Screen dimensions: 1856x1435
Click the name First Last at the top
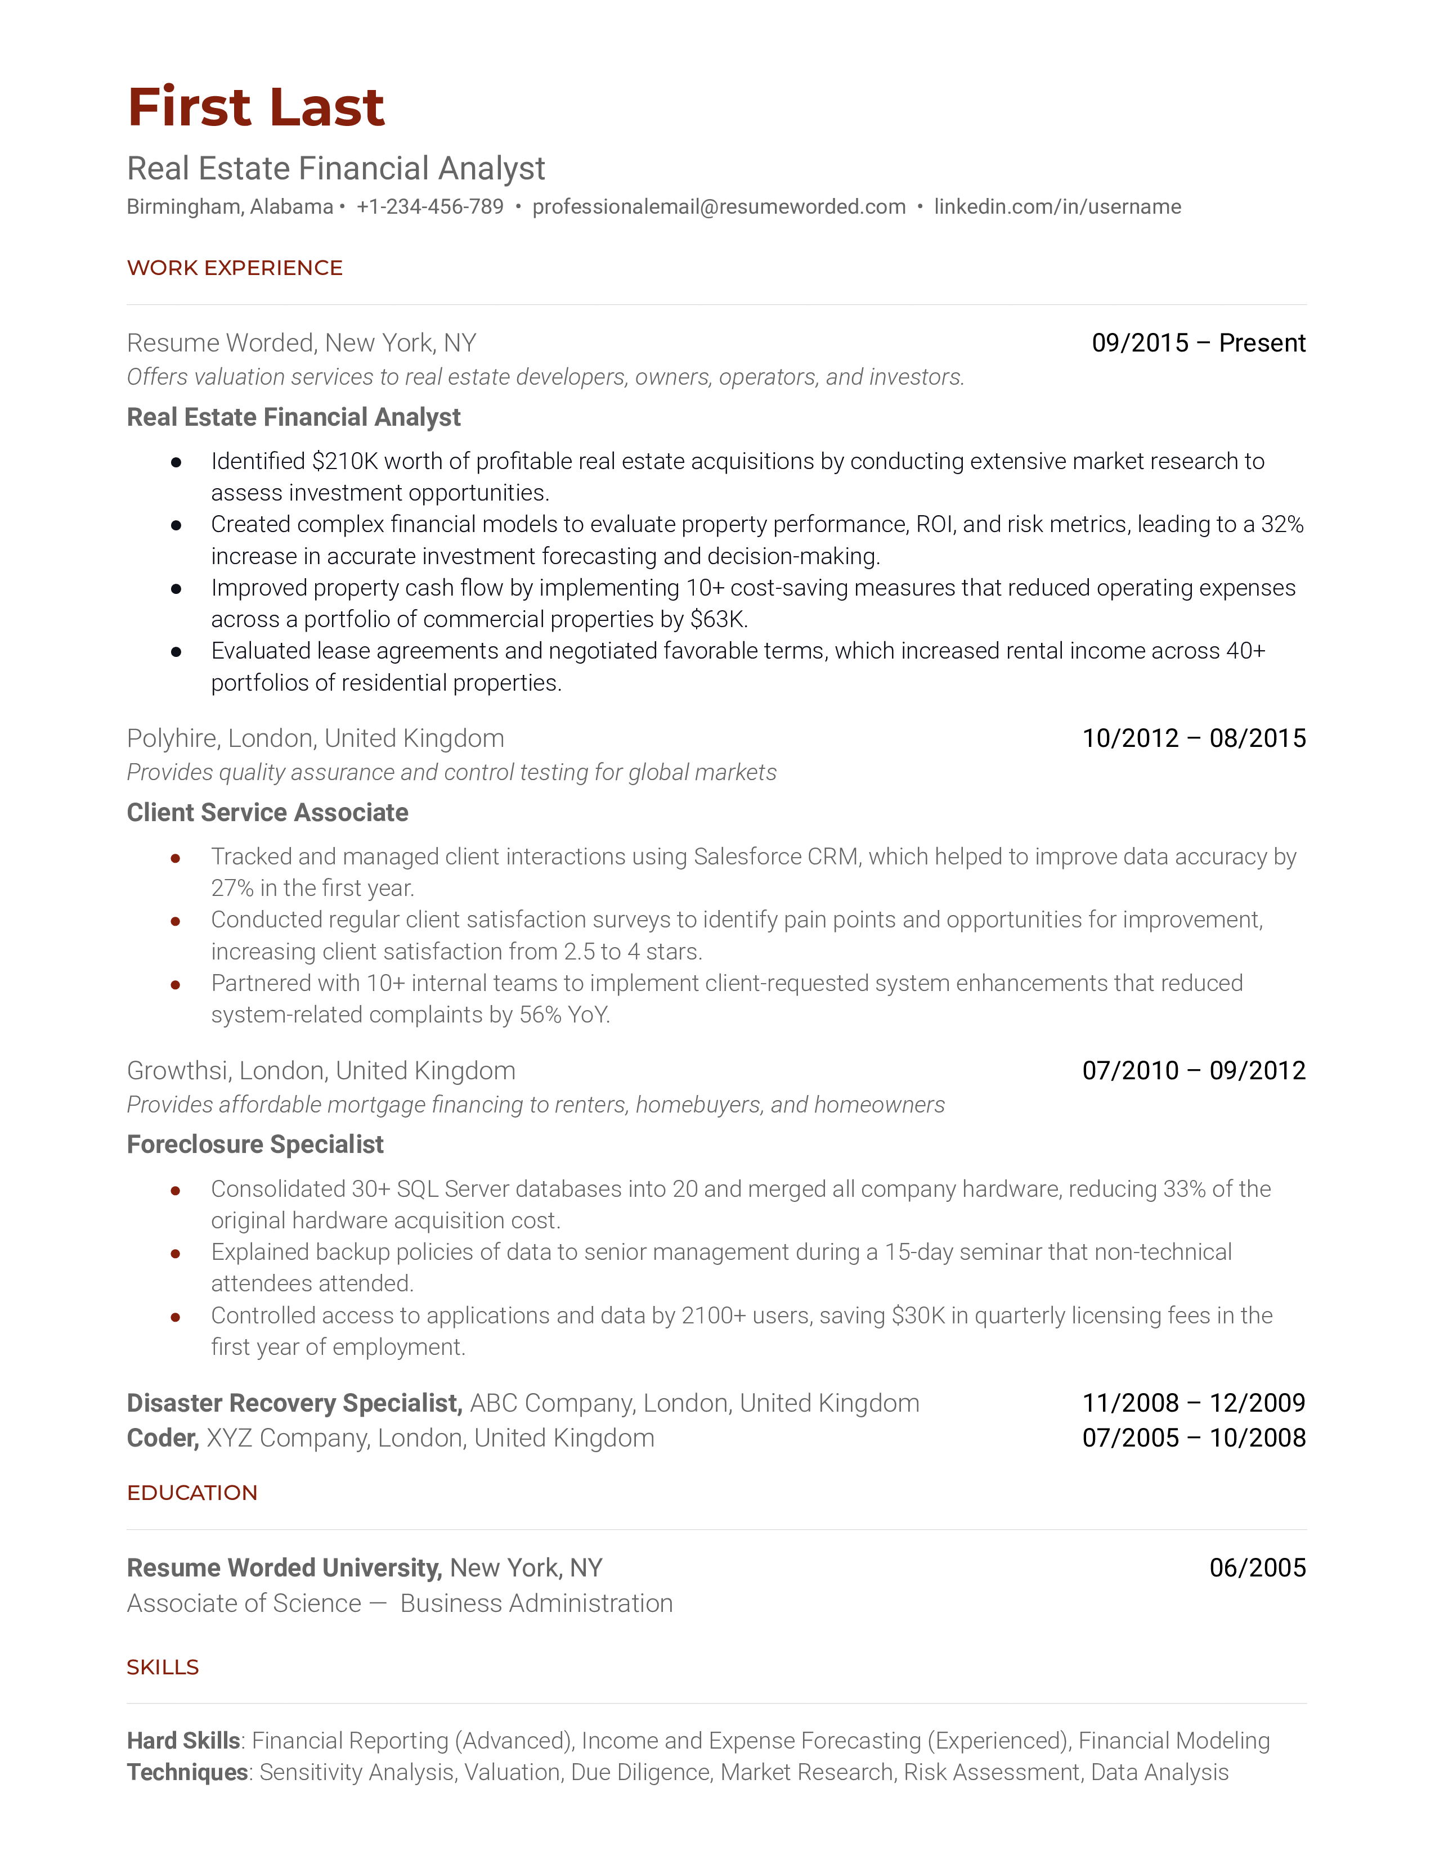click(x=256, y=108)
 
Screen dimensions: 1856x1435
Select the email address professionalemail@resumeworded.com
click(x=719, y=206)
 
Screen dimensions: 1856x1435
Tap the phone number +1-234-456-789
click(x=429, y=206)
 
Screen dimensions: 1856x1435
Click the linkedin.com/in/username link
click(x=1057, y=206)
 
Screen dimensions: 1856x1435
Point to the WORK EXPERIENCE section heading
click(x=235, y=268)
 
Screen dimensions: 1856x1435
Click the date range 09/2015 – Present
click(x=1198, y=343)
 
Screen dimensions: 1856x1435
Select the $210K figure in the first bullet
click(x=344, y=461)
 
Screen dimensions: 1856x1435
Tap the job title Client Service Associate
click(x=267, y=813)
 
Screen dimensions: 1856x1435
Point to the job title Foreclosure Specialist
click(x=255, y=1145)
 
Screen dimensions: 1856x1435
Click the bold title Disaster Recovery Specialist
click(x=294, y=1403)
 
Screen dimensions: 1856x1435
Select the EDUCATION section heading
click(x=192, y=1493)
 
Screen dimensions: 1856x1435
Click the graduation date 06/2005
click(x=1257, y=1568)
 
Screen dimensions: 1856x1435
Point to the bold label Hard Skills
click(x=183, y=1741)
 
